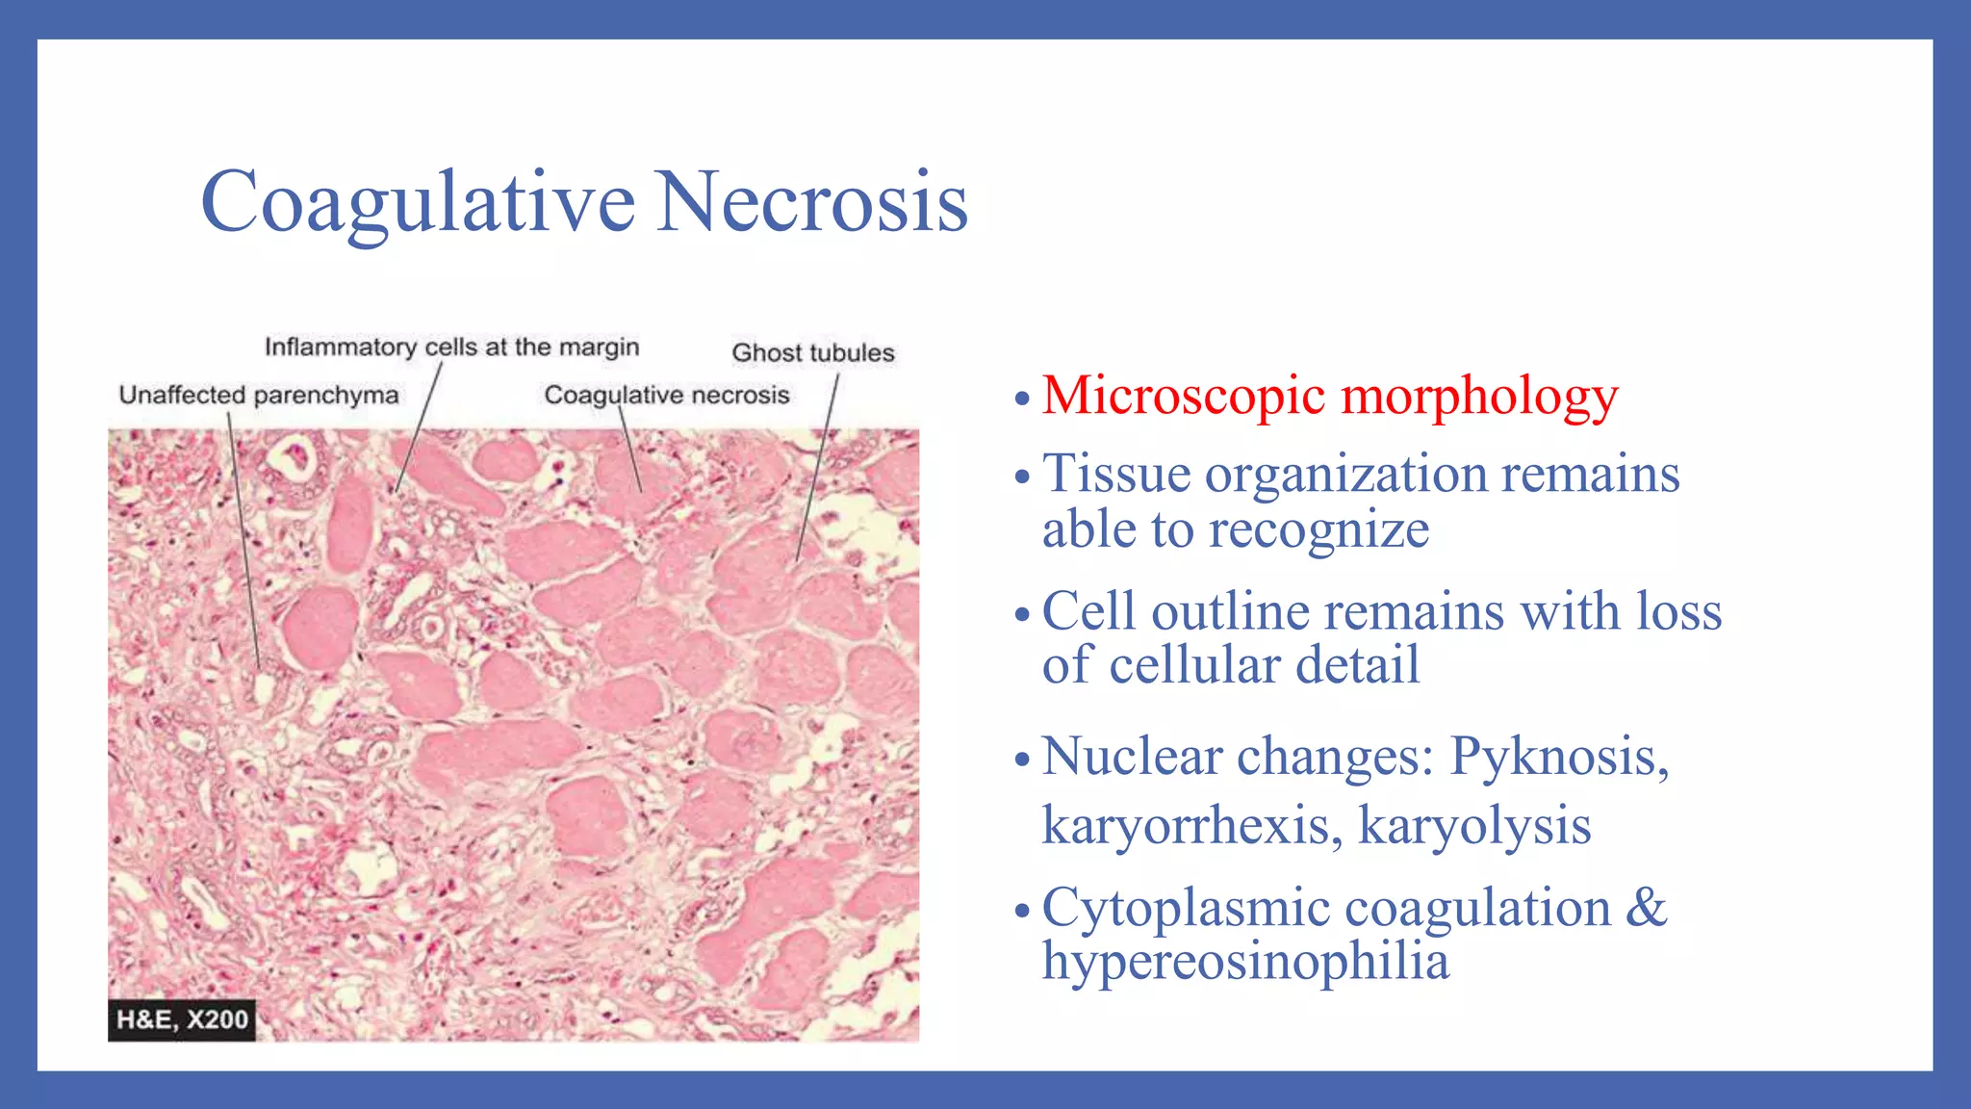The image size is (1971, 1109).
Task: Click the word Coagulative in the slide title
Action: pos(418,202)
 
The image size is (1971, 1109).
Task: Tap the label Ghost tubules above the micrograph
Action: pos(812,353)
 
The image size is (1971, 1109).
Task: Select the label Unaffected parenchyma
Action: pos(258,396)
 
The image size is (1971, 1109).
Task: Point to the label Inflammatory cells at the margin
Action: pos(451,348)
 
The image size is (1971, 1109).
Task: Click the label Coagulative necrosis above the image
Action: pos(666,396)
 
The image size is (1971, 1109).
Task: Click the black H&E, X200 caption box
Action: pos(182,1019)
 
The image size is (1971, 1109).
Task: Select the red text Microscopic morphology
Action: pos(1330,396)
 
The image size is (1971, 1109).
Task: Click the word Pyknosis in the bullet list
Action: pos(1559,757)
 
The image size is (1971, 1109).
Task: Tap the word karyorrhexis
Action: pos(1191,826)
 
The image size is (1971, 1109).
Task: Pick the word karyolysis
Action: pos(1474,826)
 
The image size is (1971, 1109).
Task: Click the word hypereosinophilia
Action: pos(1245,962)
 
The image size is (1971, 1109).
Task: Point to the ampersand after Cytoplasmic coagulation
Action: pos(1646,908)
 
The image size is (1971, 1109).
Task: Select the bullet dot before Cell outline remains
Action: pos(1022,614)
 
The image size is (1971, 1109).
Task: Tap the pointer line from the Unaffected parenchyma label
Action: pos(243,539)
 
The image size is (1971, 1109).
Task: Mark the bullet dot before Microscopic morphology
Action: pos(1022,399)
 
